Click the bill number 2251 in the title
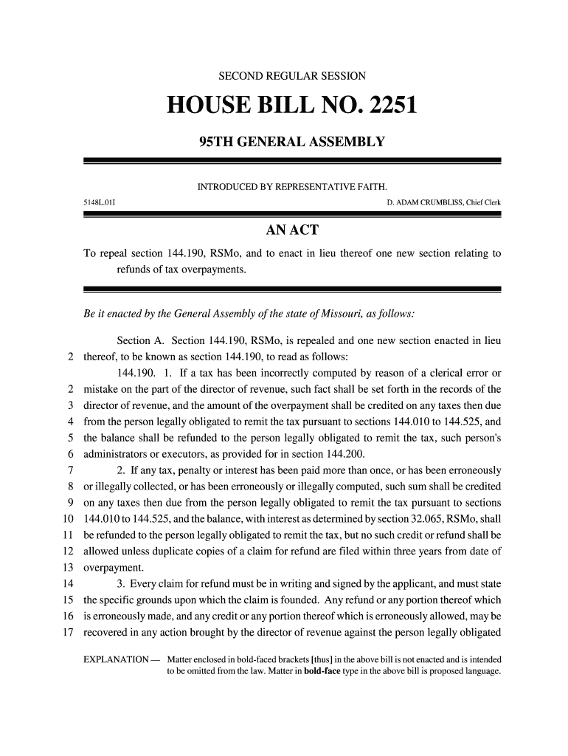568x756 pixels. pyautogui.click(x=385, y=108)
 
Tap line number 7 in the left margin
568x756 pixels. pyautogui.click(x=69, y=470)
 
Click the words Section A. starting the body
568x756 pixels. pyautogui.click(x=141, y=340)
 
